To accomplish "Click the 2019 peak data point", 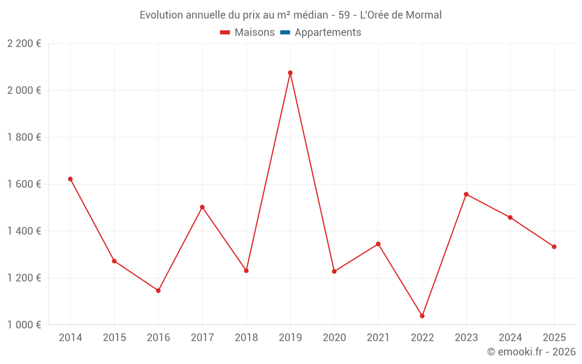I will pyautogui.click(x=290, y=73).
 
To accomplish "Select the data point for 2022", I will pyautogui.click(x=422, y=316).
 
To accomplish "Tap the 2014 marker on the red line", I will pyautogui.click(x=70, y=179).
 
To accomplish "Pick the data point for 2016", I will pyautogui.click(x=158, y=290).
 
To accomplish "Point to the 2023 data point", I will pyautogui.click(x=466, y=194).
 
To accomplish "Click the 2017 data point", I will pyautogui.click(x=202, y=207).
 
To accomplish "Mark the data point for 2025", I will pyautogui.click(x=554, y=246).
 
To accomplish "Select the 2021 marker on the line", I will pyautogui.click(x=378, y=243).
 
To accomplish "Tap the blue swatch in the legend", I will pyautogui.click(x=285, y=33).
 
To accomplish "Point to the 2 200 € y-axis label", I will pyautogui.click(x=24, y=44).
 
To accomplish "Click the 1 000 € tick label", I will pyautogui.click(x=24, y=324).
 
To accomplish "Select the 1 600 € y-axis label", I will pyautogui.click(x=24, y=184).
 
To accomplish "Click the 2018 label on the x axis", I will pyautogui.click(x=246, y=337).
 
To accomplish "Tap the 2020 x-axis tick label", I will pyautogui.click(x=334, y=337).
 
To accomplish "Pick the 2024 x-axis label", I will pyautogui.click(x=510, y=337).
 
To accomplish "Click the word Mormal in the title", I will pyautogui.click(x=423, y=15).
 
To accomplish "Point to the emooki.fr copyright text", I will pyautogui.click(x=531, y=352).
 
